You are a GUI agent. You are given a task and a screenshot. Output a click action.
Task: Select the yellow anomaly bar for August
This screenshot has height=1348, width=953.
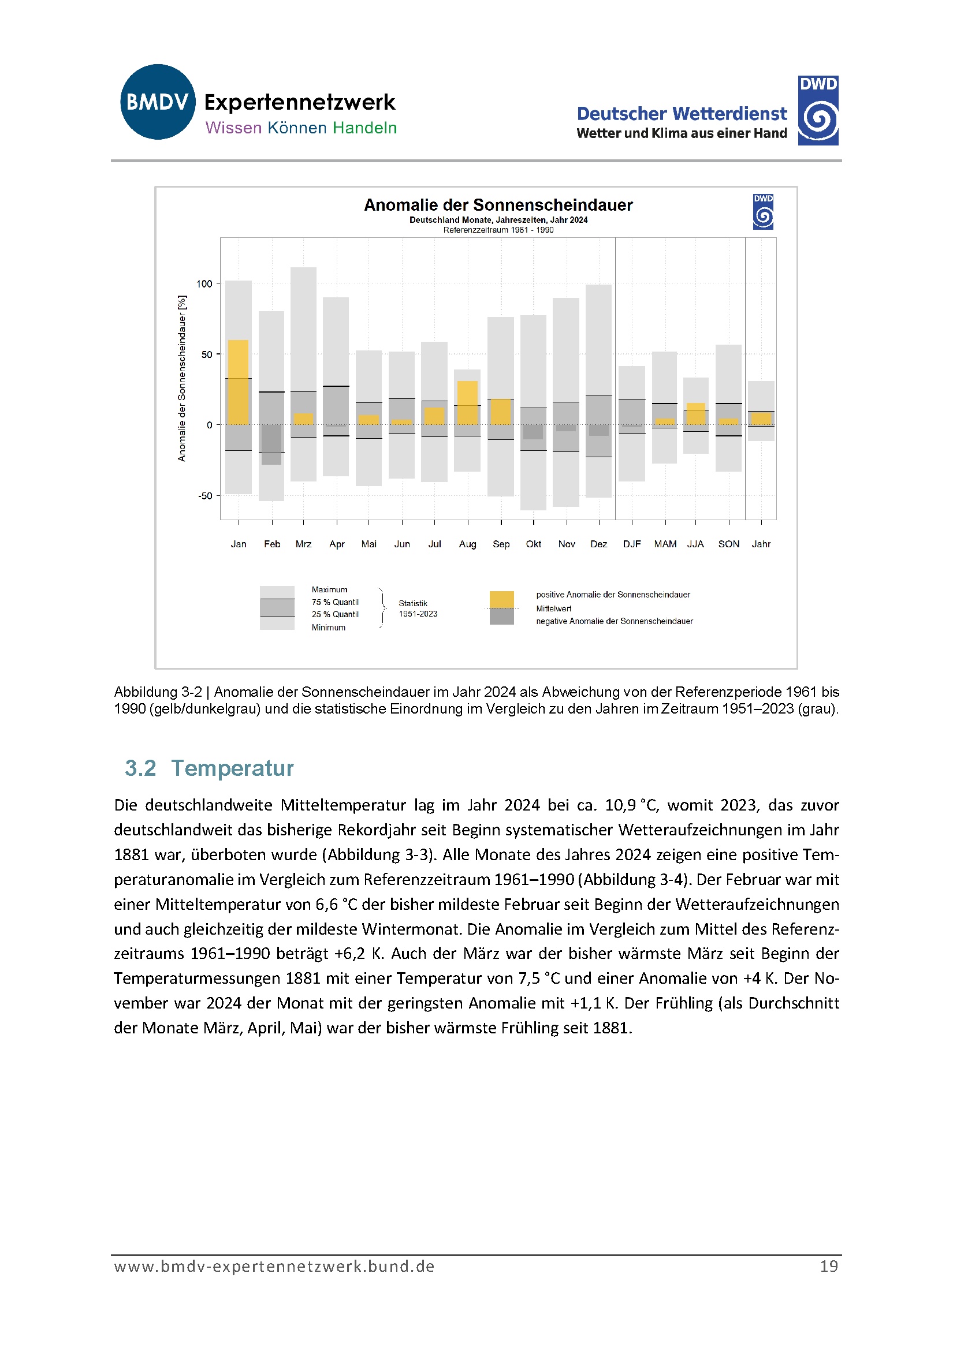tap(467, 403)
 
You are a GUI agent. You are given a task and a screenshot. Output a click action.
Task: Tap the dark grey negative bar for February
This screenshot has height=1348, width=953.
tap(271, 445)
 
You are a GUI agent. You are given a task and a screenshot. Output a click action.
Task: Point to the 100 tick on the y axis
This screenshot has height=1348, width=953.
tap(204, 283)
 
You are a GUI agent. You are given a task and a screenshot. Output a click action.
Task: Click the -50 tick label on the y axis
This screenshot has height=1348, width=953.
tap(204, 496)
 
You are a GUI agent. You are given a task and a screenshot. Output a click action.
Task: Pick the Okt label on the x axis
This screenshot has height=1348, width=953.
tap(534, 544)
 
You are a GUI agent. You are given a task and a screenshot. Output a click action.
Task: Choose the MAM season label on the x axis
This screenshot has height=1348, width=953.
tap(665, 544)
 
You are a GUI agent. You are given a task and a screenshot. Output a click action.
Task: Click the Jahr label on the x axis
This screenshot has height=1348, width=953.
tap(761, 544)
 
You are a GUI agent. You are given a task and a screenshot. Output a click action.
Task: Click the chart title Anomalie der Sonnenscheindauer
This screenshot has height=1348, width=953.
tap(498, 205)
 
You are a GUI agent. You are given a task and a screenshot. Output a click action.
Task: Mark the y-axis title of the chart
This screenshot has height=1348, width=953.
tap(181, 378)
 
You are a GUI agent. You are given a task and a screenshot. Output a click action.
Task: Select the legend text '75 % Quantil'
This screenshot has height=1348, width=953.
tap(335, 602)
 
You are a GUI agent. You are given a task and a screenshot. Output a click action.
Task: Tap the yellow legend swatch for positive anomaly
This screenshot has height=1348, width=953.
tap(502, 599)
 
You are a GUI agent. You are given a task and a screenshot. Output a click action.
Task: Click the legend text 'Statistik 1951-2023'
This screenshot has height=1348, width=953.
tap(417, 609)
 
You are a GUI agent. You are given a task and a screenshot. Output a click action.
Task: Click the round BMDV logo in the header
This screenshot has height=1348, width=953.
tap(158, 102)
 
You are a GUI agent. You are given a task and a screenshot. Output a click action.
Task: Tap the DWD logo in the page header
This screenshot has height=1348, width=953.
tap(818, 110)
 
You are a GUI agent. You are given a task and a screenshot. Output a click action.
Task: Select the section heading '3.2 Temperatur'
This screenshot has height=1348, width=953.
tap(209, 768)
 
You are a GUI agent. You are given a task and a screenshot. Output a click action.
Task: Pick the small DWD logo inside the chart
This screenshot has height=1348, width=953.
tap(763, 211)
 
